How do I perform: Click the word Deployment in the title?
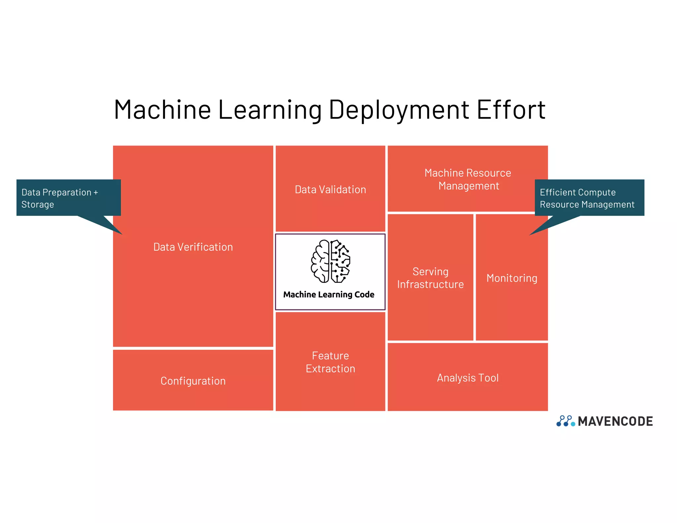tap(399, 110)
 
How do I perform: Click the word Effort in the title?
tap(511, 110)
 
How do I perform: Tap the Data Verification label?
tap(193, 247)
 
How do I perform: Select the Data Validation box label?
tap(330, 189)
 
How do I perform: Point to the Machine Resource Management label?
tap(468, 179)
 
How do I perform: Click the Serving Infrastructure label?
tap(430, 278)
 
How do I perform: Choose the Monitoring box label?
tap(512, 278)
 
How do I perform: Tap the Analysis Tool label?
tap(468, 378)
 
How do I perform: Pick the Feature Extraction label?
tap(330, 362)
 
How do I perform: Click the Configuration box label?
tap(193, 381)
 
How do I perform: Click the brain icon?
tap(330, 261)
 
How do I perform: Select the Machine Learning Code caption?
tap(329, 295)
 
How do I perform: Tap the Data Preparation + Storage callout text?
tap(60, 198)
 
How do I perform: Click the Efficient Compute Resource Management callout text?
tap(587, 198)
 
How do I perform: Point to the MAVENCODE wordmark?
tap(615, 421)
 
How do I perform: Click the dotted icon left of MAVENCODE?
tap(566, 421)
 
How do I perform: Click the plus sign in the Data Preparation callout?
tap(96, 192)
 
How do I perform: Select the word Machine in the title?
tap(162, 110)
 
